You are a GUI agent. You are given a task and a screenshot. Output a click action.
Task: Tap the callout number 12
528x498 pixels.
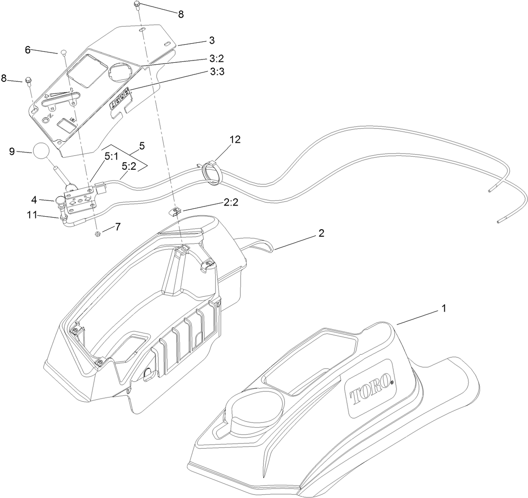(234, 139)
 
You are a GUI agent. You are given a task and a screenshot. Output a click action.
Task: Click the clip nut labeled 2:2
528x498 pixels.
(174, 212)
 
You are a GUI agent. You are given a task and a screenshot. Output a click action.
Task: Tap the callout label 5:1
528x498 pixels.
(111, 158)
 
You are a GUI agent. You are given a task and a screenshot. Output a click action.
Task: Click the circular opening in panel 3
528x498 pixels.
(120, 72)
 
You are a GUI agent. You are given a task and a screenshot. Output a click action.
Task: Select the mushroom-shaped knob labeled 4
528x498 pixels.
(62, 201)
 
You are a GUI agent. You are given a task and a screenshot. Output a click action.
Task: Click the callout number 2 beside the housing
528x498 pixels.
(321, 233)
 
